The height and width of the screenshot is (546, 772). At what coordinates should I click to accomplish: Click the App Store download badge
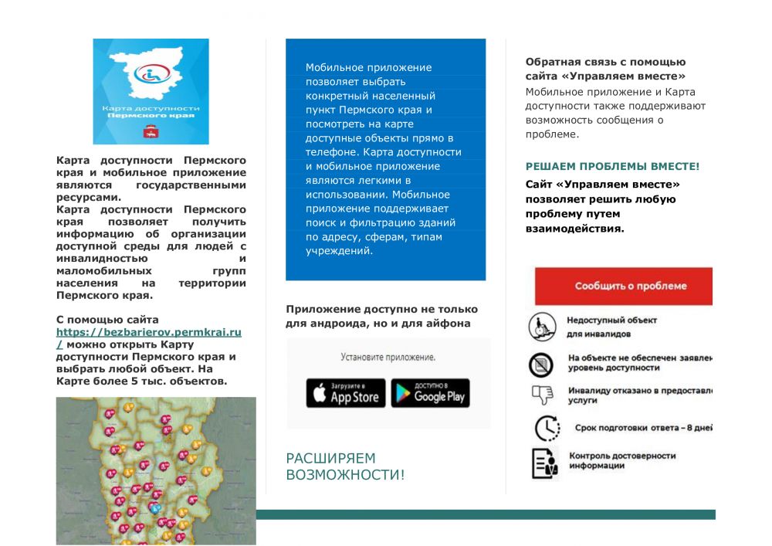[x=345, y=393]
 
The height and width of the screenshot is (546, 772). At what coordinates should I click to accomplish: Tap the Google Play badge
[x=430, y=393]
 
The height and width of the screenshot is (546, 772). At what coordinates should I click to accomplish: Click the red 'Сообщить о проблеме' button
[x=624, y=286]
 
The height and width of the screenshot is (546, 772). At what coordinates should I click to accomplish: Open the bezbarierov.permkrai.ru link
[x=149, y=332]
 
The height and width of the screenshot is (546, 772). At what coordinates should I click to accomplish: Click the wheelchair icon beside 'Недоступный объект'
[x=542, y=327]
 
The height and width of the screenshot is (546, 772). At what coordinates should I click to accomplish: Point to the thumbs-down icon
[x=542, y=395]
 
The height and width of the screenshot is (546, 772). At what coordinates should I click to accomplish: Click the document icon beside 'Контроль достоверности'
[x=544, y=462]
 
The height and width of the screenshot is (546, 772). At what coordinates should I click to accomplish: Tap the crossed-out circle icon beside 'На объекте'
[x=541, y=363]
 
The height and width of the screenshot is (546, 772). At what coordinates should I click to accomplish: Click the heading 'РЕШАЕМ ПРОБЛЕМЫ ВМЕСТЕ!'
[x=612, y=166]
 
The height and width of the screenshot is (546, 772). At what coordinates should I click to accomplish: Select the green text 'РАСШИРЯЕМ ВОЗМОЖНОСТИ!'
[x=345, y=466]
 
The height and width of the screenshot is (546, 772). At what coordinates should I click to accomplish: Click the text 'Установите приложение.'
[x=388, y=358]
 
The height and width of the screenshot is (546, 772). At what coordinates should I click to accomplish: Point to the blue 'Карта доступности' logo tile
[x=151, y=91]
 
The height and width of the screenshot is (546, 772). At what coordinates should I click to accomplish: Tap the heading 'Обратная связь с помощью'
[x=605, y=62]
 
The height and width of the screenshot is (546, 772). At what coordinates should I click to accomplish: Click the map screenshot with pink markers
[x=156, y=470]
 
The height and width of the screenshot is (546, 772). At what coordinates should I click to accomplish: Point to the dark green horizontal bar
[x=486, y=514]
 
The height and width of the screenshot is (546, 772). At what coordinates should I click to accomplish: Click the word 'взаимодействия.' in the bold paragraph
[x=574, y=229]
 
